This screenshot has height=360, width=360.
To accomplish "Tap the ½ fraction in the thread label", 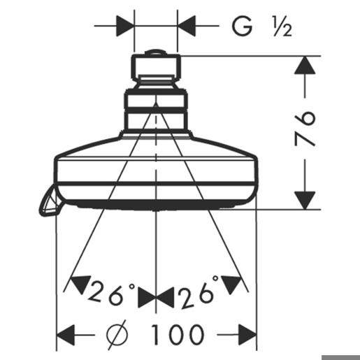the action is (x=282, y=27).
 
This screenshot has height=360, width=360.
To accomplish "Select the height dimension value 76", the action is (x=305, y=129).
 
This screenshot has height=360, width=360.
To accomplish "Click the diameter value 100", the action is (x=178, y=335).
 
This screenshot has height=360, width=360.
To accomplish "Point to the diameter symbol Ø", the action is (x=117, y=335).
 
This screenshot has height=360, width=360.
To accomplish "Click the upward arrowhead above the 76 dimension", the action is (x=305, y=65).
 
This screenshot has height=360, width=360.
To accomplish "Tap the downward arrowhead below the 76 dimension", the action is (x=305, y=200).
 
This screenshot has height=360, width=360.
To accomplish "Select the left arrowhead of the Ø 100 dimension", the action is (x=66, y=335).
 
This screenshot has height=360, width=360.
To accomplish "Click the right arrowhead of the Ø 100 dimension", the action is (x=247, y=335).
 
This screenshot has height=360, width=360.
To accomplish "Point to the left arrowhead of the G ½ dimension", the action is (x=125, y=26).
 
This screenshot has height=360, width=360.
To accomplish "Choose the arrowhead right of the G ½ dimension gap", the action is (x=187, y=26).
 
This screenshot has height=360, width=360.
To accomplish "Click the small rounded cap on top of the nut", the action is (x=156, y=52).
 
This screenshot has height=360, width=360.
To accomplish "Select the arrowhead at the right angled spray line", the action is (x=231, y=284).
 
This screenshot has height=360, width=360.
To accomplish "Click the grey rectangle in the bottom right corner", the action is (x=340, y=357).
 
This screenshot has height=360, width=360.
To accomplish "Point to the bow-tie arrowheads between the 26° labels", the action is (x=156, y=298).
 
